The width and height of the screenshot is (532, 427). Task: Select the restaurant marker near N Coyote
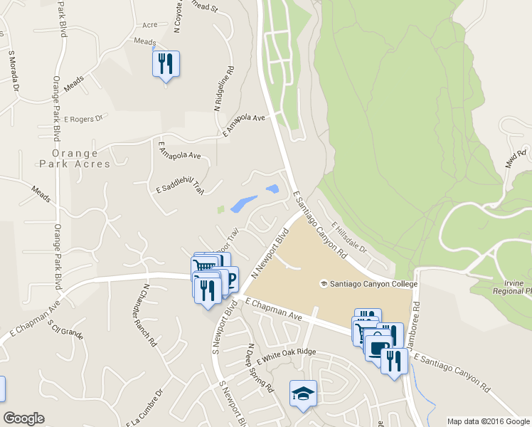(166, 65)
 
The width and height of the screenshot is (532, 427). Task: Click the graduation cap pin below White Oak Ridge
(303, 394)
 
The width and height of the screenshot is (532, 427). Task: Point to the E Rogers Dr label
(83, 120)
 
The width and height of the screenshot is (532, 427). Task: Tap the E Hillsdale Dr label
(348, 237)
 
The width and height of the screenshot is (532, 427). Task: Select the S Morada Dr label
(11, 63)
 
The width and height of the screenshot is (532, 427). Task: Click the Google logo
(23, 418)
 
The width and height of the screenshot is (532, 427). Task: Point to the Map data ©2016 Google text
(487, 421)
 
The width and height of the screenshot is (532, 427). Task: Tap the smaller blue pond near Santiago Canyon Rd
(272, 189)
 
